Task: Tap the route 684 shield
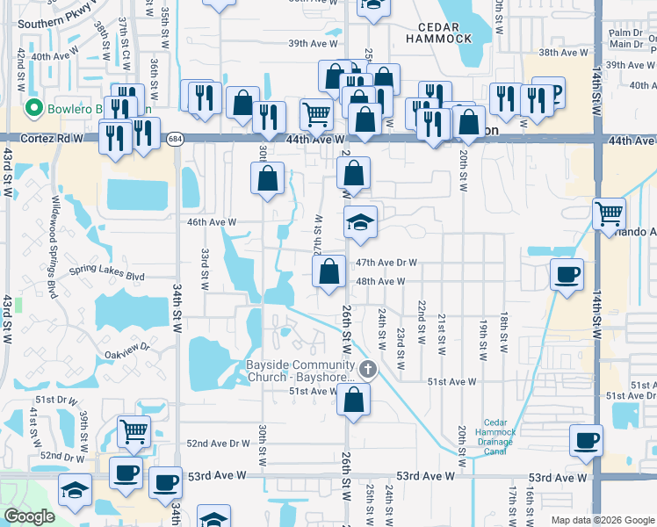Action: tap(176, 139)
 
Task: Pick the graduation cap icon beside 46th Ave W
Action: tap(360, 222)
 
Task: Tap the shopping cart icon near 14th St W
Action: tap(609, 212)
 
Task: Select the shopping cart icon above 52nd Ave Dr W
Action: tap(134, 430)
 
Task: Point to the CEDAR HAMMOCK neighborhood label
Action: tap(439, 32)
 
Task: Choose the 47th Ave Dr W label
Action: tap(385, 263)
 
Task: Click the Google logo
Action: tap(28, 516)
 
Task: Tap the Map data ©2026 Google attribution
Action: tap(602, 520)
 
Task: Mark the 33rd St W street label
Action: tap(204, 269)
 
